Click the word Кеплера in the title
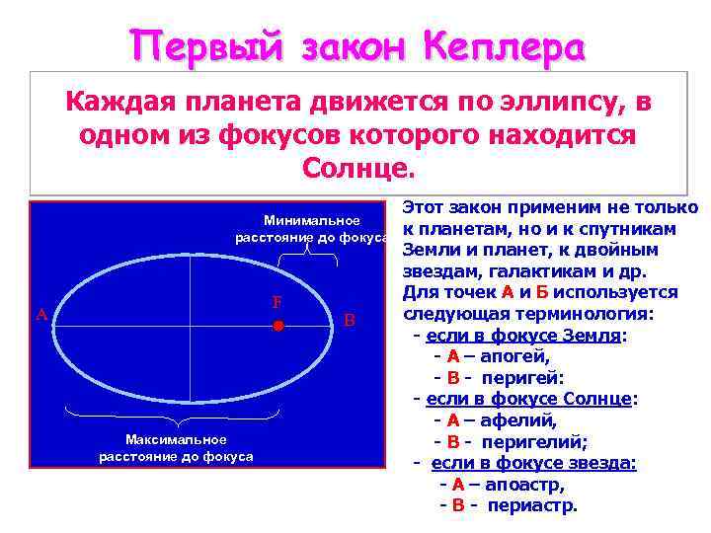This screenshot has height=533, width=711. click(503, 45)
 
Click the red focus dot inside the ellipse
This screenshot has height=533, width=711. click(278, 325)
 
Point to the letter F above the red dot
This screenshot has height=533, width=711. click(278, 303)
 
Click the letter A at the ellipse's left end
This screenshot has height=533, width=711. click(41, 315)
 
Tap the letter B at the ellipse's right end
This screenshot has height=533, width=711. click(349, 320)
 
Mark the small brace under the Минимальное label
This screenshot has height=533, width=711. click(309, 253)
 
